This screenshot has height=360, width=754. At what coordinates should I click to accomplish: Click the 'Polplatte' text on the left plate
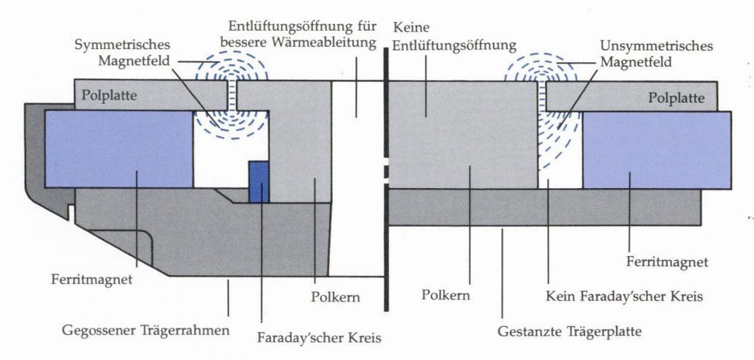[110, 95]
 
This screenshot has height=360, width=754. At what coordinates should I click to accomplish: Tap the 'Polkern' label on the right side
[445, 298]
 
